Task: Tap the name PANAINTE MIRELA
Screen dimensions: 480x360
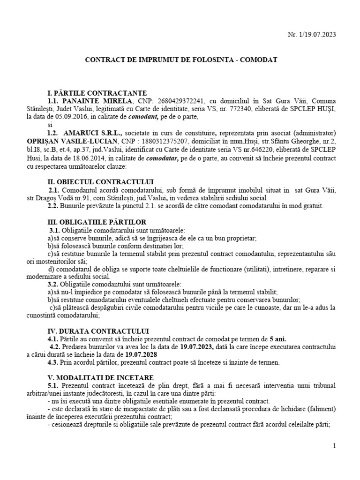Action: (x=98, y=101)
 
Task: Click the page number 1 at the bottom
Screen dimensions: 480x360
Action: (x=334, y=446)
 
